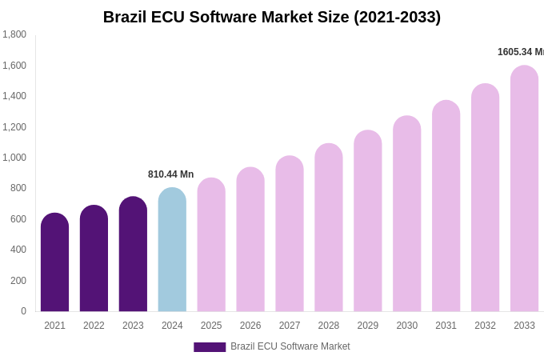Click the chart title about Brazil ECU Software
pyautogui.click(x=272, y=17)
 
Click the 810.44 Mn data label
pyautogui.click(x=170, y=174)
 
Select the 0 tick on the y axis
pyautogui.click(x=23, y=311)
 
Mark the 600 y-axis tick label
pyautogui.click(x=18, y=219)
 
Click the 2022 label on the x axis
pyautogui.click(x=94, y=326)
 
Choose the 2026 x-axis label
pyautogui.click(x=250, y=326)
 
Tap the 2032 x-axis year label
pyautogui.click(x=485, y=326)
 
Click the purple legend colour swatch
pyautogui.click(x=210, y=347)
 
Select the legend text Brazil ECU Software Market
pyautogui.click(x=290, y=346)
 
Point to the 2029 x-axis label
pyautogui.click(x=368, y=326)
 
